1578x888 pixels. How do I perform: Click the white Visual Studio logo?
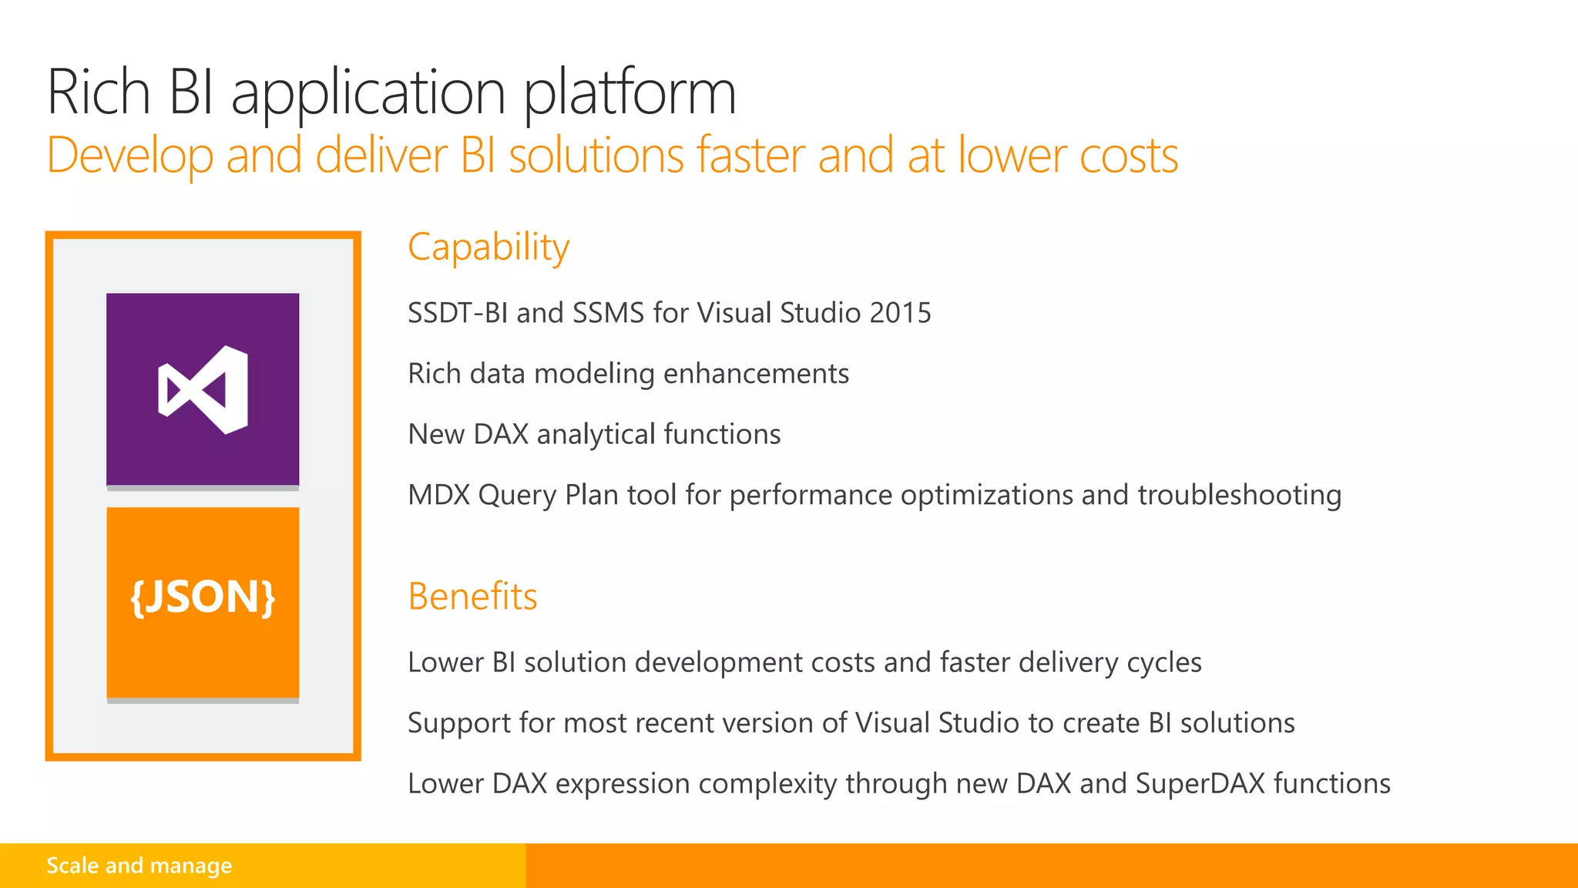(203, 390)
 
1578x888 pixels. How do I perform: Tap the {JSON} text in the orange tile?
(203, 597)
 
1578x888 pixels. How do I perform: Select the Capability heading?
(489, 248)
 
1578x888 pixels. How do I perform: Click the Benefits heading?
(472, 597)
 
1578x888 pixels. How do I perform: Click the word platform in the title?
(630, 92)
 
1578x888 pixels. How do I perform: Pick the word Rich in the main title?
(99, 92)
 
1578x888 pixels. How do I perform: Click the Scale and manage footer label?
(139, 866)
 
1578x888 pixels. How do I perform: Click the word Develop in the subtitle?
(130, 156)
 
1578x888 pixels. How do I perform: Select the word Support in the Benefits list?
(459, 724)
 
